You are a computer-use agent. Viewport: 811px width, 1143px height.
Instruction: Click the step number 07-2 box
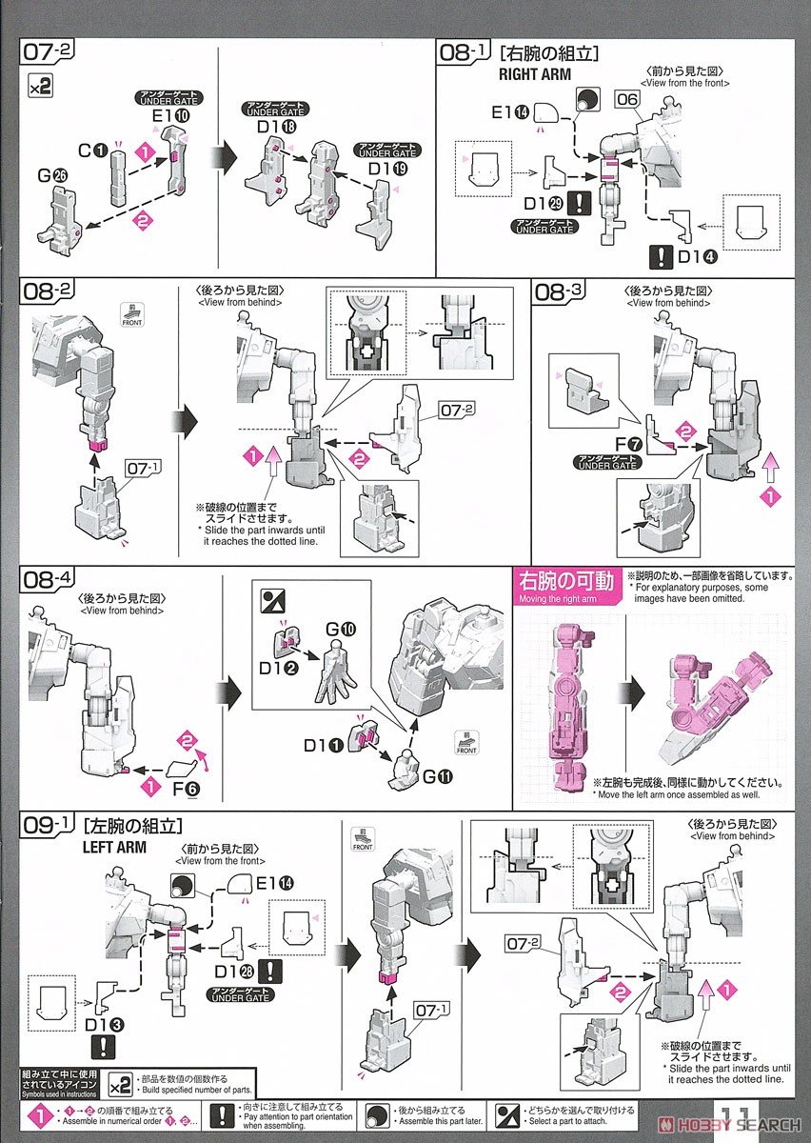click(x=45, y=53)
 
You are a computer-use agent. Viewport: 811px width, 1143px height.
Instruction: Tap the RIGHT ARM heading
click(x=534, y=73)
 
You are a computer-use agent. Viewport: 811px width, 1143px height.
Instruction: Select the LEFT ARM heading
click(x=114, y=846)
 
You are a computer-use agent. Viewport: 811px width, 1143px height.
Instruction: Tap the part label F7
click(x=624, y=444)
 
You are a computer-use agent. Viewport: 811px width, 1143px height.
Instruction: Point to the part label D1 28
click(x=232, y=971)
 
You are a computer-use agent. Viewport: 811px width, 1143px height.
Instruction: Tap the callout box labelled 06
click(x=626, y=98)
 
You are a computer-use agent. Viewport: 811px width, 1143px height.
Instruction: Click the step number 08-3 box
click(x=563, y=293)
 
